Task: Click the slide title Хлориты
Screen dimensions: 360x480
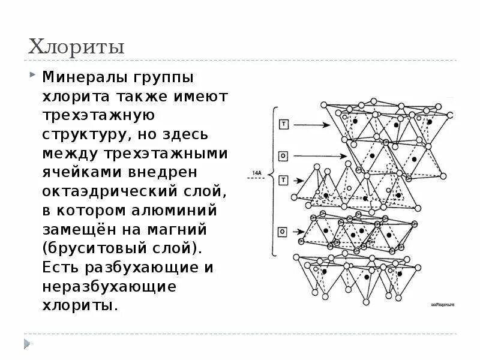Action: tap(76, 47)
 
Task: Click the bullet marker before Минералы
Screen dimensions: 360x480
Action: tap(31, 76)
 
